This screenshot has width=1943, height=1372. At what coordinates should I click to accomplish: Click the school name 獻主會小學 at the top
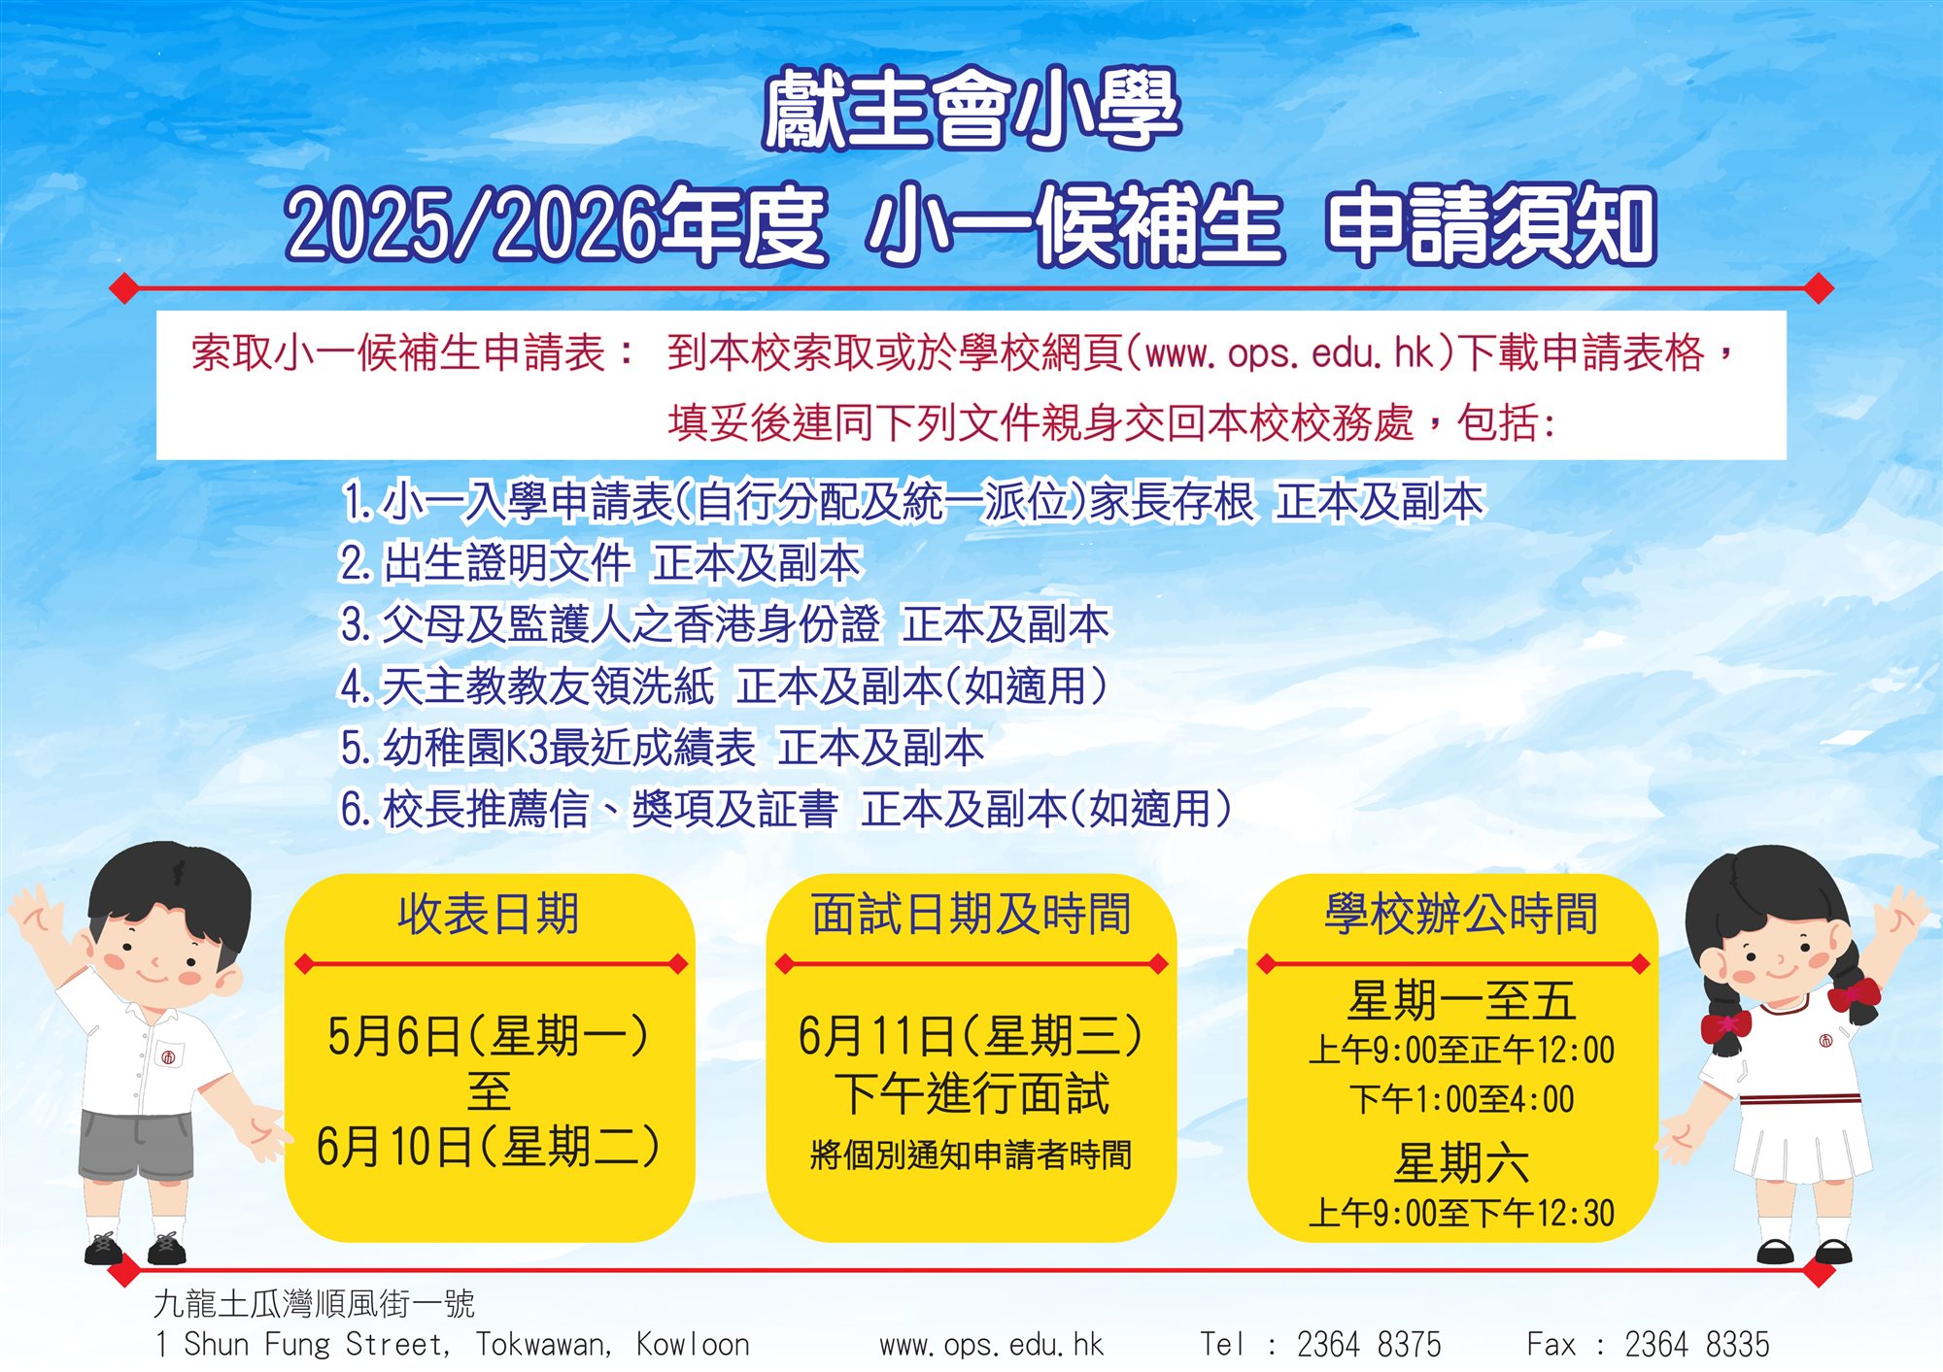pyautogui.click(x=971, y=109)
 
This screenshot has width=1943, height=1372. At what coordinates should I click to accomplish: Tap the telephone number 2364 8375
pyautogui.click(x=1369, y=1345)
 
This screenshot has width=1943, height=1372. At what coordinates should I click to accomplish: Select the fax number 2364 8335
pyautogui.click(x=1697, y=1345)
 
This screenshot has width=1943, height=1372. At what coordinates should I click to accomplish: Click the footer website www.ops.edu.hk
pyautogui.click(x=992, y=1346)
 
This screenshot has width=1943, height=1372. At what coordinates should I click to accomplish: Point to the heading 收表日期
pyautogui.click(x=489, y=914)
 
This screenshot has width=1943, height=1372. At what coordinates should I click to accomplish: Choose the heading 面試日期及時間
pyautogui.click(x=971, y=914)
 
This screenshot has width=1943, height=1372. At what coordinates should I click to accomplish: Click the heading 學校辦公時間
pyautogui.click(x=1461, y=914)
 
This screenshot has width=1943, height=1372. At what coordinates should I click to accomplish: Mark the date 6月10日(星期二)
pyautogui.click(x=489, y=1147)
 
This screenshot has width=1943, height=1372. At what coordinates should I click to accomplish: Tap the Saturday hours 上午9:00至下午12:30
pyautogui.click(x=1461, y=1213)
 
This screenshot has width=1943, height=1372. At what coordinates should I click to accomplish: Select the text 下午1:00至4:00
pyautogui.click(x=1461, y=1099)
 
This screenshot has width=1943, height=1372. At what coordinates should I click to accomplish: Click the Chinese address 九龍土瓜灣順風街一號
pyautogui.click(x=314, y=1303)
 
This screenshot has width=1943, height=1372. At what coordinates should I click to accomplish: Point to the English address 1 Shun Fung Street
pyautogui.click(x=301, y=1346)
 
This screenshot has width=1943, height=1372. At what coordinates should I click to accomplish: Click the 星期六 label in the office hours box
pyautogui.click(x=1461, y=1162)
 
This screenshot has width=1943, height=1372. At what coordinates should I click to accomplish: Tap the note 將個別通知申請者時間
pyautogui.click(x=971, y=1155)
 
